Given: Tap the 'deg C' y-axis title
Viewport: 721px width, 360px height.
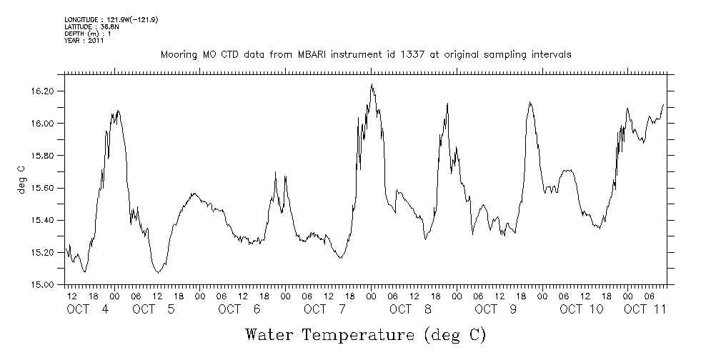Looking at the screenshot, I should [22, 179].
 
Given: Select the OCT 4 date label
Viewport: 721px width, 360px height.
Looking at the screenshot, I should [88, 309].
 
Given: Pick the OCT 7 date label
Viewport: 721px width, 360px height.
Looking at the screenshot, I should [325, 309].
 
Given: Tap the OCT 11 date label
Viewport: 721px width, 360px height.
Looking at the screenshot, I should [645, 309].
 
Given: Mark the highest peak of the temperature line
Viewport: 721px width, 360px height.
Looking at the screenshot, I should [372, 84].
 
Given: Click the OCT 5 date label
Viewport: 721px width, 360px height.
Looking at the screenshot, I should [154, 309].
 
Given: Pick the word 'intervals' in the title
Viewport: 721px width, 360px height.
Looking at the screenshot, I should [550, 54].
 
